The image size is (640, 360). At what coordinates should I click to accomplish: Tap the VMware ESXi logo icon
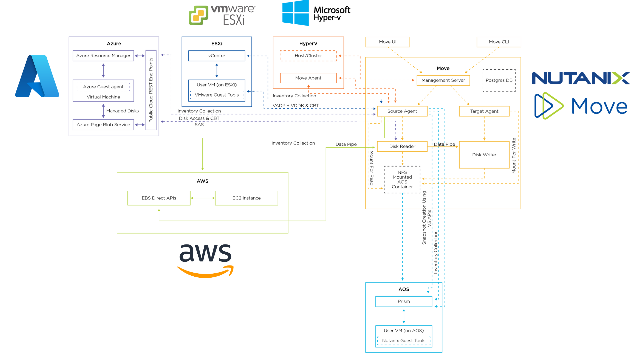coord(199,15)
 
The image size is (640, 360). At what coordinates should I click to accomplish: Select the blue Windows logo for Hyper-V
coord(296,13)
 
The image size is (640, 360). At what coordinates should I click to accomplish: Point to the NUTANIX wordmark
coord(581,78)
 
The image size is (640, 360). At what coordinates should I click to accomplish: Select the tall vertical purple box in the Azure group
coord(151,90)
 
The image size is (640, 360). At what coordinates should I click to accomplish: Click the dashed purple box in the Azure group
coord(103,87)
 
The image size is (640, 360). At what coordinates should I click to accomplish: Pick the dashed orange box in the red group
coord(309,56)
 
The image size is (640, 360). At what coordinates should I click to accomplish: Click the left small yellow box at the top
coord(388,42)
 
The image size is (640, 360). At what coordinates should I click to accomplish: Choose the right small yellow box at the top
coord(499,42)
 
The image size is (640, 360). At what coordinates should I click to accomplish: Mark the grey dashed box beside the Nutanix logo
coord(499,80)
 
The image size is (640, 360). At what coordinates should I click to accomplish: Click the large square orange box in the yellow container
coord(484,155)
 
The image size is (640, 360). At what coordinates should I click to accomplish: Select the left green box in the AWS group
coord(159,198)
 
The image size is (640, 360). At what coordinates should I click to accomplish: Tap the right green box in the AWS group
coord(247,198)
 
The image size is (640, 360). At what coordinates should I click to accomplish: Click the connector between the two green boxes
coord(203,198)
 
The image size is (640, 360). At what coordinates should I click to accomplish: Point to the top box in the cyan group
coord(404,301)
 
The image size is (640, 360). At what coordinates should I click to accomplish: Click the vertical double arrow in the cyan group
coord(404,316)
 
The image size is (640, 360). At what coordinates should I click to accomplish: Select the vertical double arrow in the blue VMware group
coord(217,70)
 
